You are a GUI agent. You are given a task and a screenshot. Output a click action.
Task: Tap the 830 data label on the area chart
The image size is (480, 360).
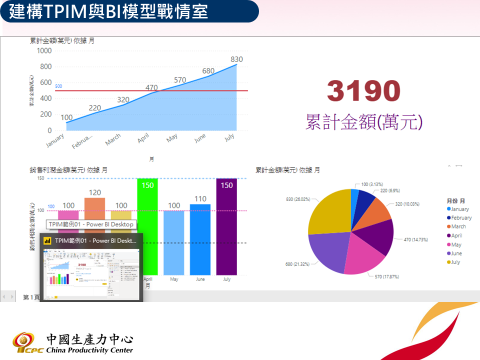[236, 60]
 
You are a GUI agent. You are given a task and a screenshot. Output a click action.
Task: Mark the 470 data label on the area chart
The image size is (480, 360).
[152, 88]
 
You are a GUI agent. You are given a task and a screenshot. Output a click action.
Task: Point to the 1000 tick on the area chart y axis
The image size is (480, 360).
[43, 50]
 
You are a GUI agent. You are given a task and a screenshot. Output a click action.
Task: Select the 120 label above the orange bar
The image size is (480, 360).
[95, 192]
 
